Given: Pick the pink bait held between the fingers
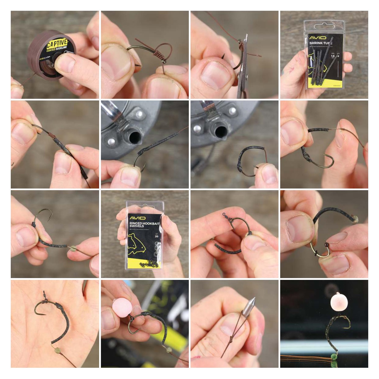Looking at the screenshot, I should tap(122, 307).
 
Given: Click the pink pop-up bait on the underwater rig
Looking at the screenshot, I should tap(339, 302).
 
